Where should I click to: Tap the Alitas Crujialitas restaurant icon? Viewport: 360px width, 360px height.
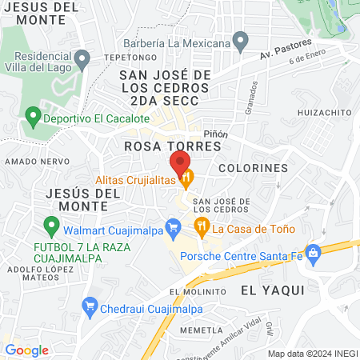186,178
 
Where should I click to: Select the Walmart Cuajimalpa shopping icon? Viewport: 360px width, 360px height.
171,226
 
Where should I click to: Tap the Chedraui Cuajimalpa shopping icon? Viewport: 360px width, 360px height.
90,306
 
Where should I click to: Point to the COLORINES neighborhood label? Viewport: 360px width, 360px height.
252,169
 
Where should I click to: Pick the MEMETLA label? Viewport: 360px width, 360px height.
201,330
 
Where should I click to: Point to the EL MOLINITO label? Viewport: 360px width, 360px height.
193,292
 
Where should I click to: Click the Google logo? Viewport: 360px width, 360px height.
27,350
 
